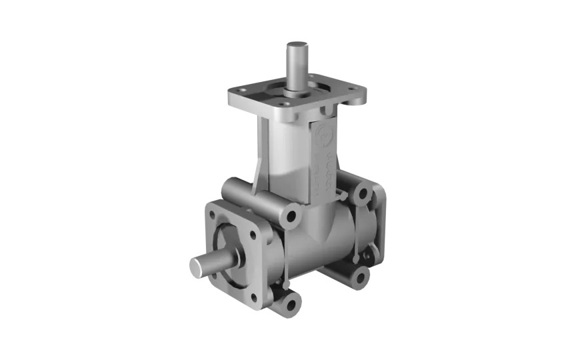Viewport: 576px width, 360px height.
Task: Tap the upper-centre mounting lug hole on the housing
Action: tap(291, 215)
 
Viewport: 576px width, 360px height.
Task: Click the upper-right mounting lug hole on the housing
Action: tap(362, 193)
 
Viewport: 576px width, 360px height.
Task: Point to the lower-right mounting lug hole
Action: tap(361, 276)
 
